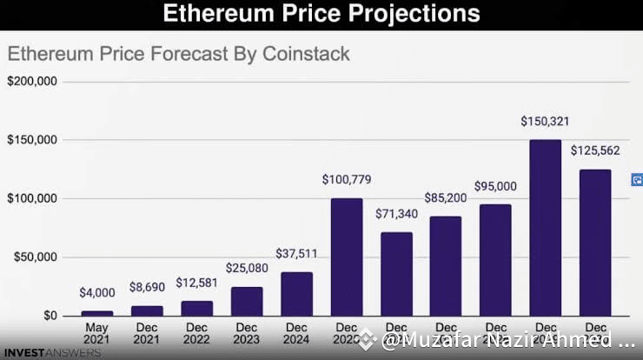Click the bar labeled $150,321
pos(545,228)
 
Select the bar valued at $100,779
pos(347,257)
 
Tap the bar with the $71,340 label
pos(396,274)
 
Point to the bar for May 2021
pos(97,313)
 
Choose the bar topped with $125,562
pos(594,243)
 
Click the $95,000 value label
pos(495,186)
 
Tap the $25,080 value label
pos(247,268)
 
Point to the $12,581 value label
pos(197,283)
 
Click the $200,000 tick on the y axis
pos(32,82)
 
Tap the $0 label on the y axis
pos(50,316)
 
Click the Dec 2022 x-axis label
pos(197,334)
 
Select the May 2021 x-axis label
pos(97,334)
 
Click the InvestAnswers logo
pos(50,353)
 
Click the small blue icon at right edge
pos(637,180)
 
